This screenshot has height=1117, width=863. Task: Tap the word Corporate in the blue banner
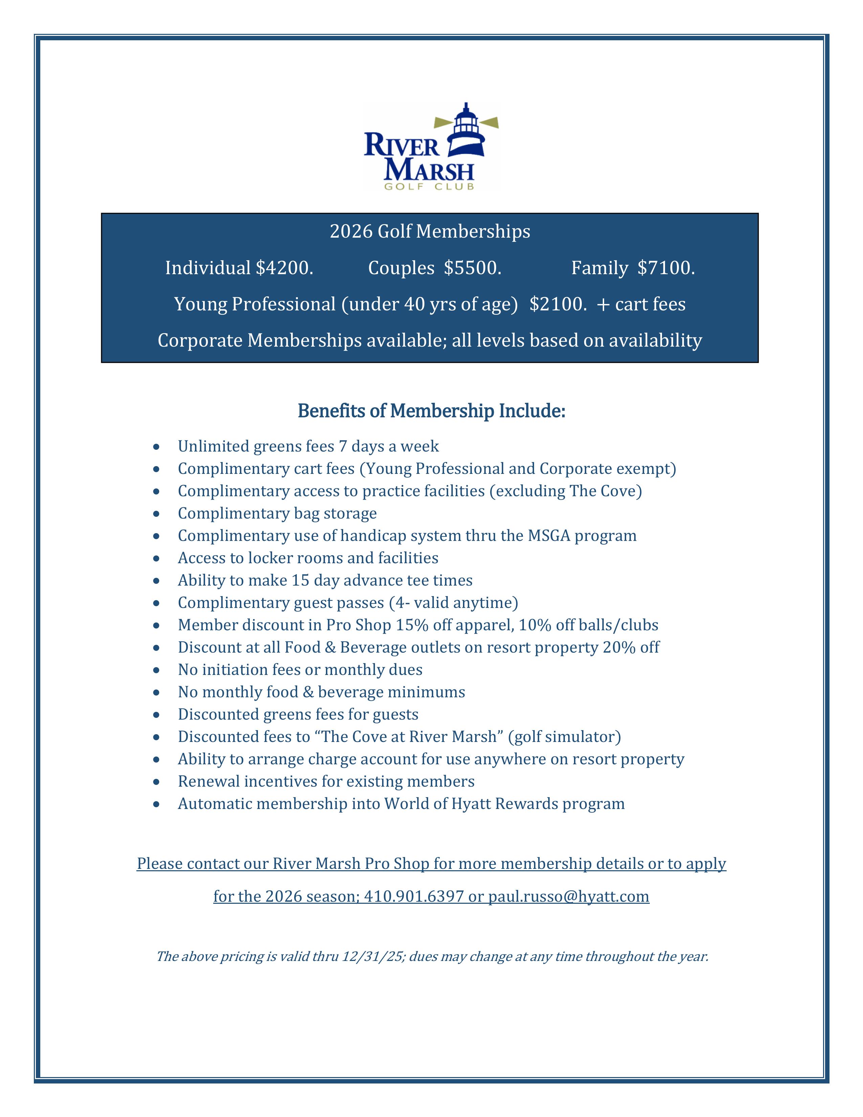point(200,341)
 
